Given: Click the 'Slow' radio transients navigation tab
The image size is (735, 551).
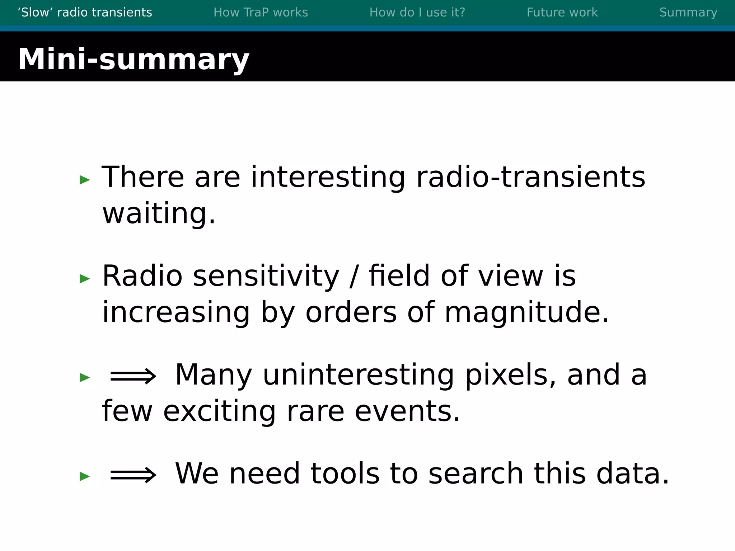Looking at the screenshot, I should click(85, 13).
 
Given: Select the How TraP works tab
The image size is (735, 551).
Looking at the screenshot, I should click(261, 13).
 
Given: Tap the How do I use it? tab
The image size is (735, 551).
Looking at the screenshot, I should click(417, 13).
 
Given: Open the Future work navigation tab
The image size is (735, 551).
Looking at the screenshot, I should click(562, 13).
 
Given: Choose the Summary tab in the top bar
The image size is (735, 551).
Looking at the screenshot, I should click(688, 13).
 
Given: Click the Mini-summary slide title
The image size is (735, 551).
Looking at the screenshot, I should click(134, 59).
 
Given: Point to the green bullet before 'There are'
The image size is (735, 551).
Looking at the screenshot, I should click(85, 180).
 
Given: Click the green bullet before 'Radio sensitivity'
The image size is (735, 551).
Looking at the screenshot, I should click(85, 278).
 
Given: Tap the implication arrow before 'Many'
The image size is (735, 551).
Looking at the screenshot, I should click(133, 376).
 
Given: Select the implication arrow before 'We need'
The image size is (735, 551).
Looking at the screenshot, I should click(133, 475).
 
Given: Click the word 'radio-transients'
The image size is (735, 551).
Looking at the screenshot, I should click(530, 177).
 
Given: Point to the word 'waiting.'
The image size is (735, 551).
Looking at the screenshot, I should click(159, 213).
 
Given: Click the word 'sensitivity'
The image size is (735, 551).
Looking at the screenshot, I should click(266, 276).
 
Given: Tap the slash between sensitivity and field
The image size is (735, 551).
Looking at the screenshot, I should click(354, 277).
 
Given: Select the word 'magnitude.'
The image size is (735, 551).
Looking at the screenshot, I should click(527, 312).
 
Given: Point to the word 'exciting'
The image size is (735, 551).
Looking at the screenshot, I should click(220, 411).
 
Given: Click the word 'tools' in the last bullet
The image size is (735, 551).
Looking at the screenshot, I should click(345, 474).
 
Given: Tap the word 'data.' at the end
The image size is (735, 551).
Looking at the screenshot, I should click(633, 474).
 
